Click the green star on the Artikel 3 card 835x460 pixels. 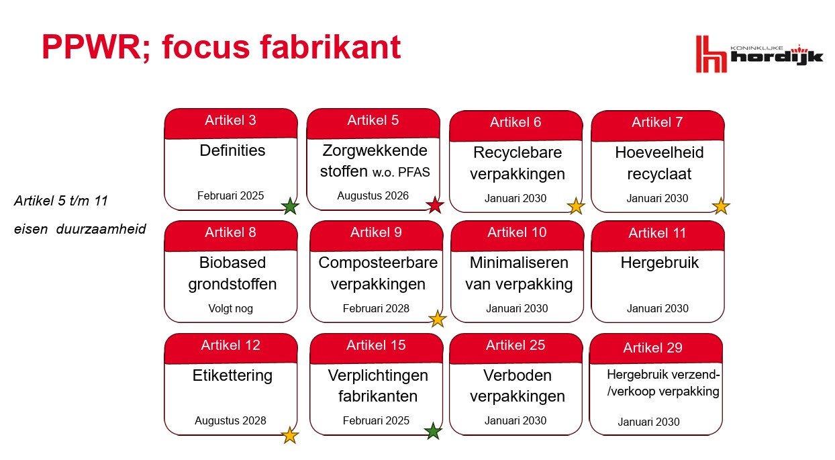[x=290, y=206]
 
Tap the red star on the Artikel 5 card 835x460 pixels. [x=435, y=205]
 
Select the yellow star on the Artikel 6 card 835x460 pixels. [x=575, y=206]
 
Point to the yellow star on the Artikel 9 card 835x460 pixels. [x=437, y=318]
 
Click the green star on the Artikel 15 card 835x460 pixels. [x=433, y=431]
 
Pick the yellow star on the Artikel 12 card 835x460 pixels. [x=290, y=435]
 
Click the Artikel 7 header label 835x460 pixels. [x=657, y=122]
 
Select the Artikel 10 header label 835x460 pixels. [x=517, y=232]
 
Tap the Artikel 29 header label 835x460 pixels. [x=652, y=348]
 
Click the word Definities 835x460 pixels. [x=232, y=150]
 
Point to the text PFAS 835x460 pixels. [x=413, y=173]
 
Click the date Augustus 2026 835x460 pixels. [x=373, y=195]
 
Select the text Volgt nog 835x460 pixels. [x=230, y=308]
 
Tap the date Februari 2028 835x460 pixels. [x=376, y=308]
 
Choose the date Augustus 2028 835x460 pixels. [x=230, y=421]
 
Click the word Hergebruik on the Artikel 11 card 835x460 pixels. [x=659, y=263]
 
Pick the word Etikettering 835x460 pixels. [x=232, y=375]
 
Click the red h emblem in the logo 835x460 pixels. [x=711, y=54]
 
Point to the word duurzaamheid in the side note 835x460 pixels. [x=101, y=229]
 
